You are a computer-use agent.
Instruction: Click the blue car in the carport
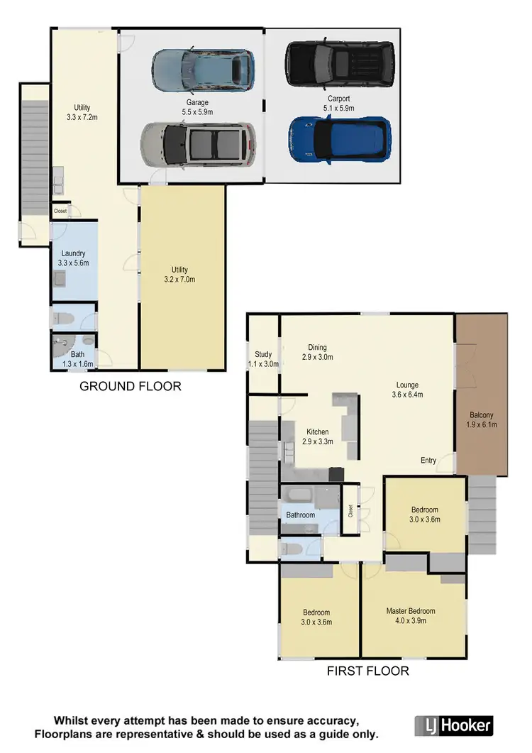tap(339, 139)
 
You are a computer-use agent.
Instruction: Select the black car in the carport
tap(339, 62)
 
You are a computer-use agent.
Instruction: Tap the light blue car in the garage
tap(203, 70)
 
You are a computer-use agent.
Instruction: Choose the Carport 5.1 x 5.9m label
tap(338, 104)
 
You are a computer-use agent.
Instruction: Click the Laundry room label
tap(74, 258)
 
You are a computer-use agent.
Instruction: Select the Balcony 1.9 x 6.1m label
tap(482, 420)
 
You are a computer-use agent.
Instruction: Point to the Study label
tap(263, 359)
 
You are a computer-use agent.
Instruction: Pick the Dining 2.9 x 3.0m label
tap(316, 352)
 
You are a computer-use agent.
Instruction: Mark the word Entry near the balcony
tap(428, 461)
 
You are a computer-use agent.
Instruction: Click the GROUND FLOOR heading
tap(130, 386)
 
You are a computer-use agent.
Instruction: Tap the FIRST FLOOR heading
tap(367, 670)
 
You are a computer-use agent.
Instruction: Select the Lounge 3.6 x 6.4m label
tap(408, 390)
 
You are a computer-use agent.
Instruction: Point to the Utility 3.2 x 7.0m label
tap(179, 275)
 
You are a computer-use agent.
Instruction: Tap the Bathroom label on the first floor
tap(300, 515)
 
